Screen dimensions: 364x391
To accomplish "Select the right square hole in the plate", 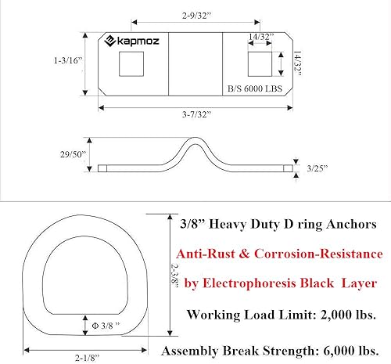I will pyautogui.click(x=259, y=64).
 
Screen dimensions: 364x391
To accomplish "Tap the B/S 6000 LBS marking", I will pyautogui.click(x=253, y=90).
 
